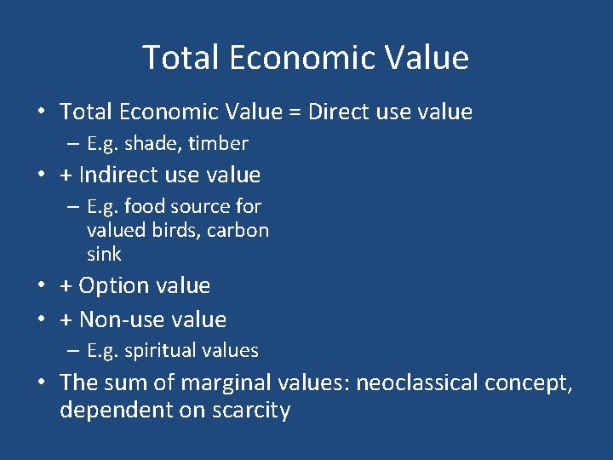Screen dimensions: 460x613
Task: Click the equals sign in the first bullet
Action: (x=294, y=112)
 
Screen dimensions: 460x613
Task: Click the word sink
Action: (x=104, y=254)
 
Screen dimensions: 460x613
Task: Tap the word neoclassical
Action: (x=417, y=383)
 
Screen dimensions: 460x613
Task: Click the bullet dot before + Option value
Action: (x=40, y=286)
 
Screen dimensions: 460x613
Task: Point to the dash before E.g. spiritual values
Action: (x=75, y=351)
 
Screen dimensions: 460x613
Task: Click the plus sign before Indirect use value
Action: (x=66, y=176)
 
